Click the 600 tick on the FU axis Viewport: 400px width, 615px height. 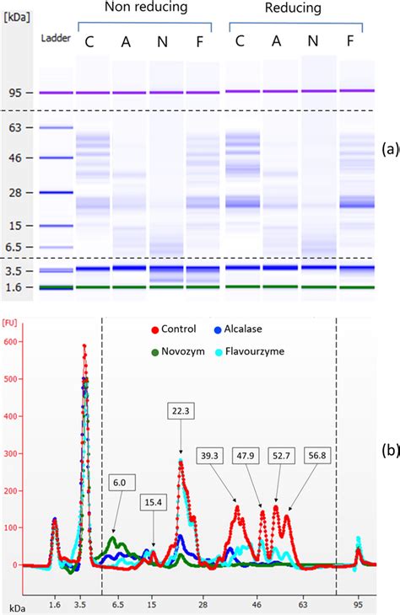point(12,341)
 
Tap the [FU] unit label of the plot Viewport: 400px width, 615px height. point(12,322)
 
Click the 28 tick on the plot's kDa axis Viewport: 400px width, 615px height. point(203,604)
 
